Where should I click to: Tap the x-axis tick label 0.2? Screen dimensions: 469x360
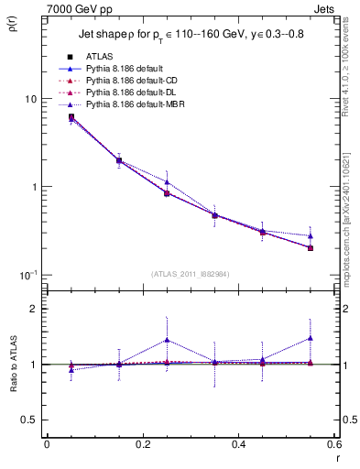142,444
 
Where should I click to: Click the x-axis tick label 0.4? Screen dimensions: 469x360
238,444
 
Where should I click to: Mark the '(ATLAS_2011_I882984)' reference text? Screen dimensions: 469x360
190,273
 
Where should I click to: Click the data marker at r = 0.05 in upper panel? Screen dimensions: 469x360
71,117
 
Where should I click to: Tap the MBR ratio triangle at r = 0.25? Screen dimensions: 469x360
167,340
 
